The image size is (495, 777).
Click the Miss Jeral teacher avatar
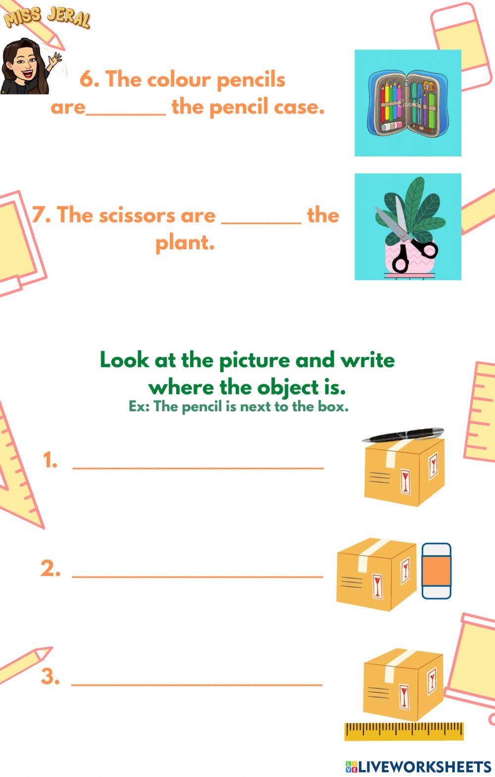pyautogui.click(x=25, y=67)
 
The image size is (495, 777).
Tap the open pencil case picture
pyautogui.click(x=407, y=103)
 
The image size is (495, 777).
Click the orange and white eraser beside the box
pyautogui.click(x=436, y=571)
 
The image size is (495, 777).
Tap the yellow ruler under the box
pyautogui.click(x=404, y=730)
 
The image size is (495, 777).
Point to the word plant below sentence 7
pyautogui.click(x=185, y=243)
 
